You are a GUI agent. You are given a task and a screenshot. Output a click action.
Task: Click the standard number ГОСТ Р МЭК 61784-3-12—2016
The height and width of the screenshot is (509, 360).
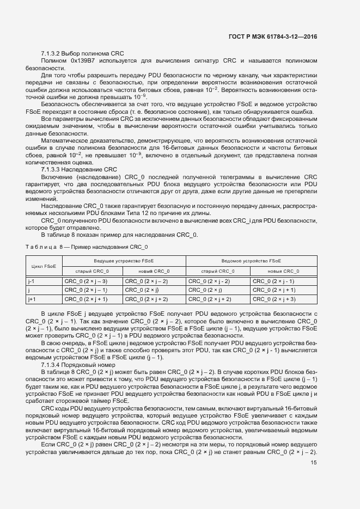coord(272,36)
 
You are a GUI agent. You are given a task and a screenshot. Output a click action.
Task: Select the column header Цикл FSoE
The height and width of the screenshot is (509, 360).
coord(44,266)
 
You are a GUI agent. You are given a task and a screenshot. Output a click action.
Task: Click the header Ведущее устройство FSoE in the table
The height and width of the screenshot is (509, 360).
coord(124,261)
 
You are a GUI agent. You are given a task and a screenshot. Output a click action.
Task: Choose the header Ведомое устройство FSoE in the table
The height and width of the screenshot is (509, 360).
coord(251,261)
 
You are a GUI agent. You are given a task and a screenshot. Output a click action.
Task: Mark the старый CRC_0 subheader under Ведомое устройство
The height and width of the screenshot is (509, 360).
coord(218,271)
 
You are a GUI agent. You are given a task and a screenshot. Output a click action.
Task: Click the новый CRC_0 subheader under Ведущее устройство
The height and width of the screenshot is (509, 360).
coord(155,271)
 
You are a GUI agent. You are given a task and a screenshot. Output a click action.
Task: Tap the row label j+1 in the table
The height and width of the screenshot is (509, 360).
coord(32,299)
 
